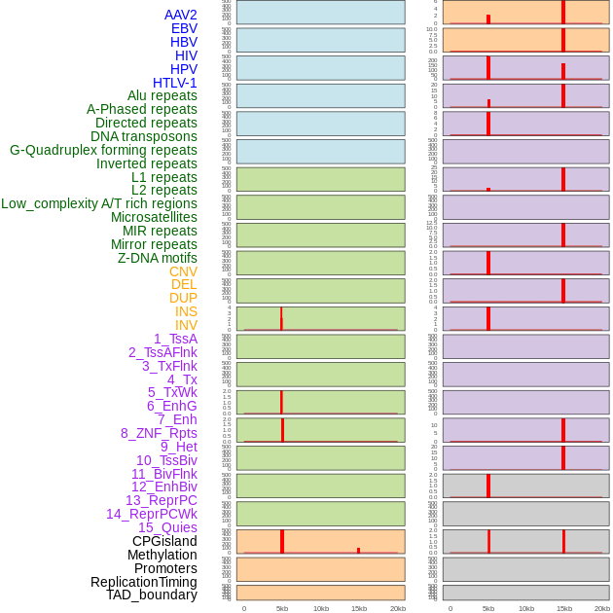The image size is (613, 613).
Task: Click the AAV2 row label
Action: tap(180, 15)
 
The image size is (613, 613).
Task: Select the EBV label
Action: tap(183, 28)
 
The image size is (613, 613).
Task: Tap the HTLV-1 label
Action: tap(174, 83)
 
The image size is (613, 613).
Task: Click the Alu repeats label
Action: tap(162, 95)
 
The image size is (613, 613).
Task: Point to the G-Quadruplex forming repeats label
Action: tap(103, 150)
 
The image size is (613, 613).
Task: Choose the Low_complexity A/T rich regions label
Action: tap(99, 203)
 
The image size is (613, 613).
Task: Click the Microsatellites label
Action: tap(154, 217)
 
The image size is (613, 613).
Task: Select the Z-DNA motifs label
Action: tap(157, 258)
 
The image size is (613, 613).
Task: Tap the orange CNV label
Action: tap(183, 271)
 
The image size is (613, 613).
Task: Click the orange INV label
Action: tap(186, 325)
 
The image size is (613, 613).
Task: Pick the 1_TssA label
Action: tap(175, 339)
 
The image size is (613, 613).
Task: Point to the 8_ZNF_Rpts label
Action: tap(159, 433)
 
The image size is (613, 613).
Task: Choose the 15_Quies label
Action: tap(167, 527)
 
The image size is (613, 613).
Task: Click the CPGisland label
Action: tap(164, 541)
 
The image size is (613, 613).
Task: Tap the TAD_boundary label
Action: tap(151, 595)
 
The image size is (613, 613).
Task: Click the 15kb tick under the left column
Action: tap(359, 608)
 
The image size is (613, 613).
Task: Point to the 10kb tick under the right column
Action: tap(526, 608)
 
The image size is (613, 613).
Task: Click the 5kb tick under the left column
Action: tap(282, 608)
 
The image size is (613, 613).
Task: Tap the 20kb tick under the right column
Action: tap(602, 608)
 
